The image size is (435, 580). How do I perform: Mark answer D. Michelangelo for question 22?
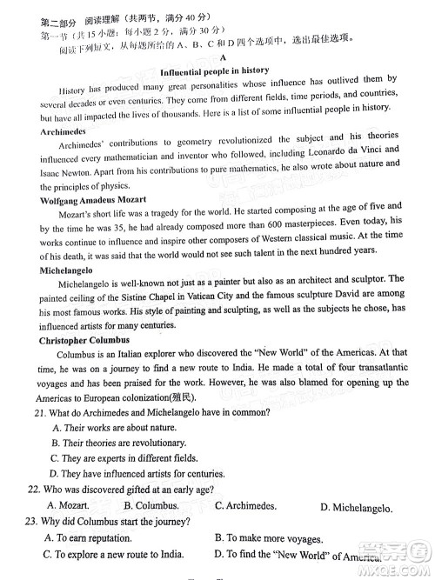pyautogui.click(x=356, y=508)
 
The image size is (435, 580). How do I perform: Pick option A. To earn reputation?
pyautogui.click(x=90, y=537)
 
